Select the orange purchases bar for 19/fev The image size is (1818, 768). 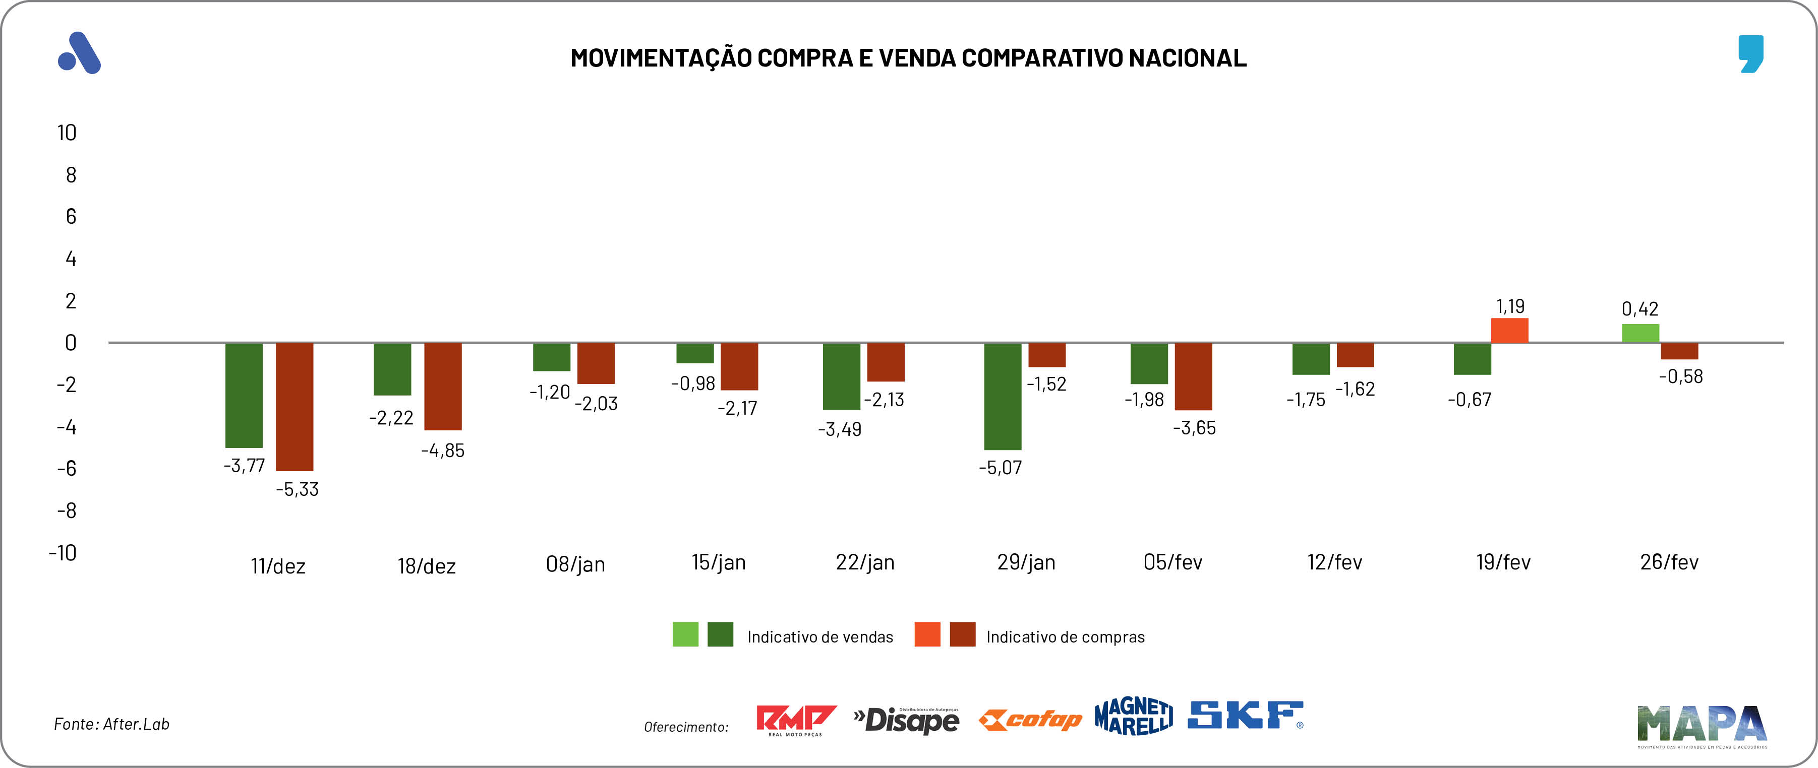(1509, 331)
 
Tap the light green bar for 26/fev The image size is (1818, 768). (1639, 334)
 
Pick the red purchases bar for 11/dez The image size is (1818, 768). (295, 407)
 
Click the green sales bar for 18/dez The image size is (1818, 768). (392, 369)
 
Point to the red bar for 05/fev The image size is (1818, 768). (1193, 376)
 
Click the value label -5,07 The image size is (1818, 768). (1000, 468)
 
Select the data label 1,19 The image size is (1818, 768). (1510, 306)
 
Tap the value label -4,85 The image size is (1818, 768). (442, 451)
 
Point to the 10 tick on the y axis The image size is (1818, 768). (67, 133)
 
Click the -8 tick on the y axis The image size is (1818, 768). (67, 510)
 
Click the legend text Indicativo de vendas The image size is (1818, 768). (819, 637)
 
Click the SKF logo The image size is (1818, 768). (1245, 715)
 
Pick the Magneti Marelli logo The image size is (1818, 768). (1134, 717)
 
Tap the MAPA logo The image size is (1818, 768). (1702, 725)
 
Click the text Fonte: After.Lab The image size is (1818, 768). (111, 724)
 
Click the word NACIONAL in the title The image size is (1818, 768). (1187, 58)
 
